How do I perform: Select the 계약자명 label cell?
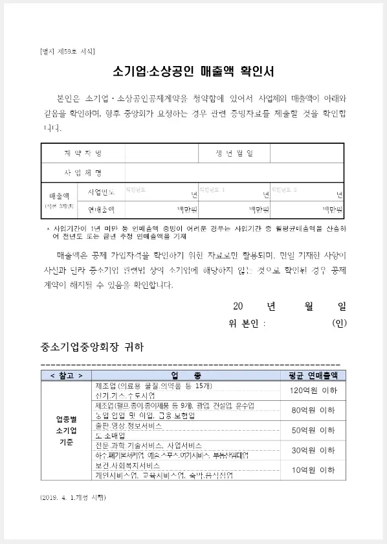point(83,153)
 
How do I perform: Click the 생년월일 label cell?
point(234,153)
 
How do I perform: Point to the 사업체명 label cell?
point(83,173)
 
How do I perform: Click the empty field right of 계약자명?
point(161,153)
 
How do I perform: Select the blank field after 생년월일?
point(305,153)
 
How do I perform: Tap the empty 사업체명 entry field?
point(233,173)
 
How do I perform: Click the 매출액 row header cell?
point(60,200)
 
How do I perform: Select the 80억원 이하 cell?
point(313,410)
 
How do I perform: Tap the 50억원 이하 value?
point(313,430)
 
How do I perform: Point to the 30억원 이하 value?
point(313,449)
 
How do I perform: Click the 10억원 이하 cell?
point(313,470)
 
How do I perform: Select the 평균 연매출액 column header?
point(313,375)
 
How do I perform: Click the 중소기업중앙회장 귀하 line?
point(91,346)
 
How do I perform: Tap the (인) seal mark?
point(338,323)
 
